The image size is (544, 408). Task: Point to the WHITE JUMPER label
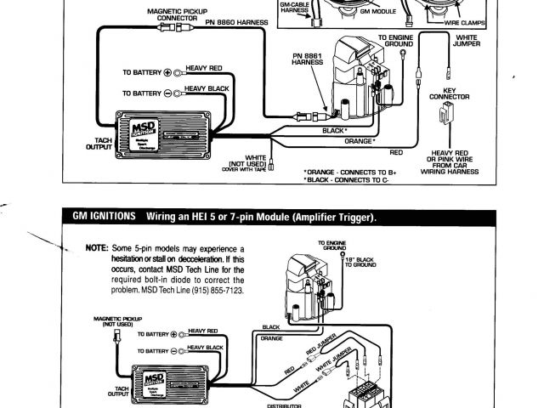tap(467, 42)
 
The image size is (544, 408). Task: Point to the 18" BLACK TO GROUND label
tap(360, 262)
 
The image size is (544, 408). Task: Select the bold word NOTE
tap(95, 248)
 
